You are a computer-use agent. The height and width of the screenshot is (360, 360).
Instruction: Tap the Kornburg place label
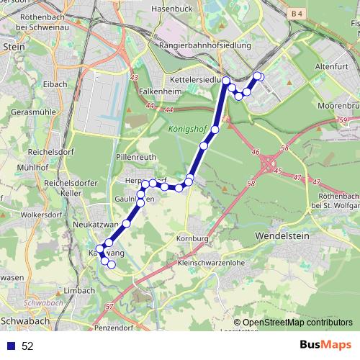click(x=192, y=238)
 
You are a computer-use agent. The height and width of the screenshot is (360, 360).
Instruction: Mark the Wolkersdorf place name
click(x=41, y=214)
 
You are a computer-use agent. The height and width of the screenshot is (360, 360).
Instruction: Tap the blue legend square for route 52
click(x=12, y=346)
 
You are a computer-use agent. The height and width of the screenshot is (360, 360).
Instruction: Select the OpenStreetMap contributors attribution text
click(x=297, y=322)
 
